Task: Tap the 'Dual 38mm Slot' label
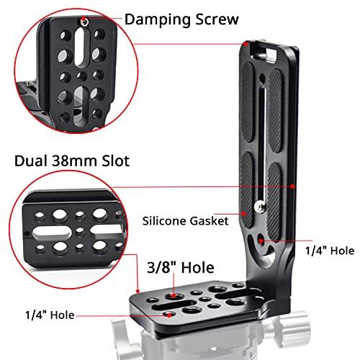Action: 71,161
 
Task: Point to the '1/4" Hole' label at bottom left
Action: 46,315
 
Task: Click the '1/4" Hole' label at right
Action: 330,251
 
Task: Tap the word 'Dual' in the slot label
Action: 30,161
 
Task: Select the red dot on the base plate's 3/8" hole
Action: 176,295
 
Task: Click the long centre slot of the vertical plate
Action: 265,122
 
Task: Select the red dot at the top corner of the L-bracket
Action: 246,44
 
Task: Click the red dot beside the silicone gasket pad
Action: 246,214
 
